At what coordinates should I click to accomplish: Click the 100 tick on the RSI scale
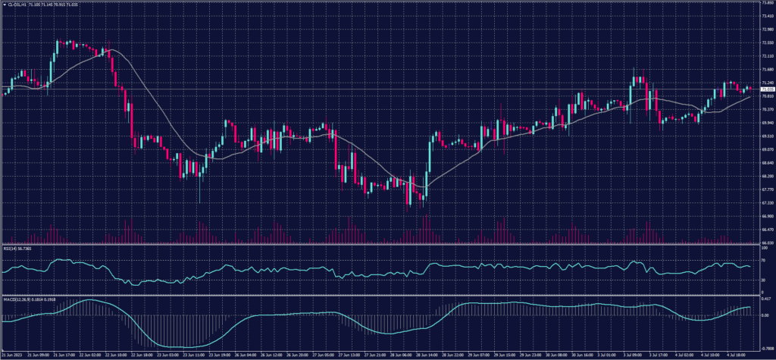coord(764,248)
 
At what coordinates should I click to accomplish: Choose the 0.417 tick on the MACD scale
coord(765,299)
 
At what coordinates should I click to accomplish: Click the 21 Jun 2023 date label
coord(13,354)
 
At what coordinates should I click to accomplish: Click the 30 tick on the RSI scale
coord(763,280)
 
